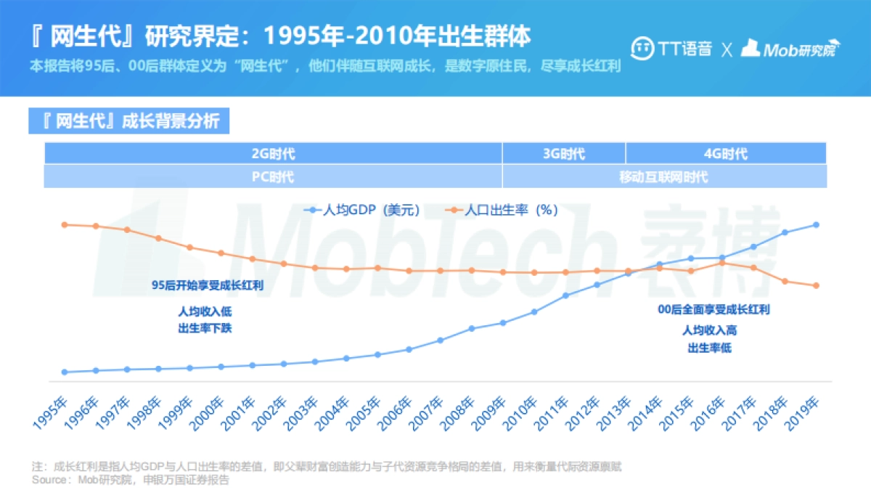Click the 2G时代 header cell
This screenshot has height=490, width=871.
tap(273, 154)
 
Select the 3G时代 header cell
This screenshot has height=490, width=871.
tap(563, 154)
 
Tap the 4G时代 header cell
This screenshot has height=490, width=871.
tap(725, 154)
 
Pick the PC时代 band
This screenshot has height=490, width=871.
tap(273, 177)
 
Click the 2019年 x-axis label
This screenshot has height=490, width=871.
tap(804, 412)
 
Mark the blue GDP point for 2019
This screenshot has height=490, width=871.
tap(817, 224)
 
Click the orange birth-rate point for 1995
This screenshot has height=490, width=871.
tap(65, 224)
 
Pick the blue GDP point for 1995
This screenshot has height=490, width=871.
tap(65, 372)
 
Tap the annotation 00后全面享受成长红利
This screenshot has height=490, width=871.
tap(713, 309)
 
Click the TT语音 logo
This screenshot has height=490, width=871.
tap(671, 49)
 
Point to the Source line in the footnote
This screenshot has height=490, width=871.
tap(131, 480)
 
